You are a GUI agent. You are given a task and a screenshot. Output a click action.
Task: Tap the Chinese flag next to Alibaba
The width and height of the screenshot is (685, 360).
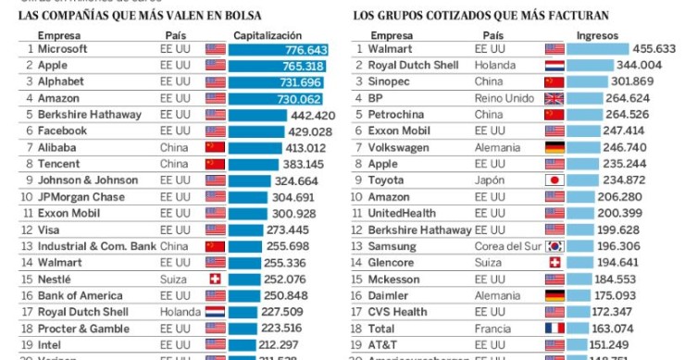point(215,147)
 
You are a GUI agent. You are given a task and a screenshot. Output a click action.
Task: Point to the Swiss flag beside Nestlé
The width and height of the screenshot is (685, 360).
point(215,279)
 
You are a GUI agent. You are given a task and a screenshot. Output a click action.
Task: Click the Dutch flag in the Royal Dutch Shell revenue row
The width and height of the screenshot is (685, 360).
point(554,66)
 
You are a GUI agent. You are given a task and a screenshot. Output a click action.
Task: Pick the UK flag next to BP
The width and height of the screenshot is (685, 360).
point(554,98)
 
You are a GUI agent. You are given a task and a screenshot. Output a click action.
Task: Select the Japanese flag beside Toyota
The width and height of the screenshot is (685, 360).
point(554,180)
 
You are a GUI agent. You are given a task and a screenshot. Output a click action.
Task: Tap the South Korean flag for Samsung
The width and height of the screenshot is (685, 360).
point(554,246)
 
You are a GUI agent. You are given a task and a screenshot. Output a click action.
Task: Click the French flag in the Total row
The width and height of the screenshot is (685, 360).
point(554,329)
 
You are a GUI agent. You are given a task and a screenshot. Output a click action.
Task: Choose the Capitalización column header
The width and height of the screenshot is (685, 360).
point(269,34)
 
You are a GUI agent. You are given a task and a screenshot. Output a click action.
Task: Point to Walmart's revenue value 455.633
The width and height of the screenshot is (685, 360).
point(653,49)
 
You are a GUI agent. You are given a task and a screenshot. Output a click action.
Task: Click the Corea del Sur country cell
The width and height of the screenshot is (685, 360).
point(508,246)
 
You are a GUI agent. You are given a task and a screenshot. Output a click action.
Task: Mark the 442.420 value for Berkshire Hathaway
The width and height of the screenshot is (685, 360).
point(312,115)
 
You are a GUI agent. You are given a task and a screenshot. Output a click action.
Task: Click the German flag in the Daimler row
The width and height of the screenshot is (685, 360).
point(554,295)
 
